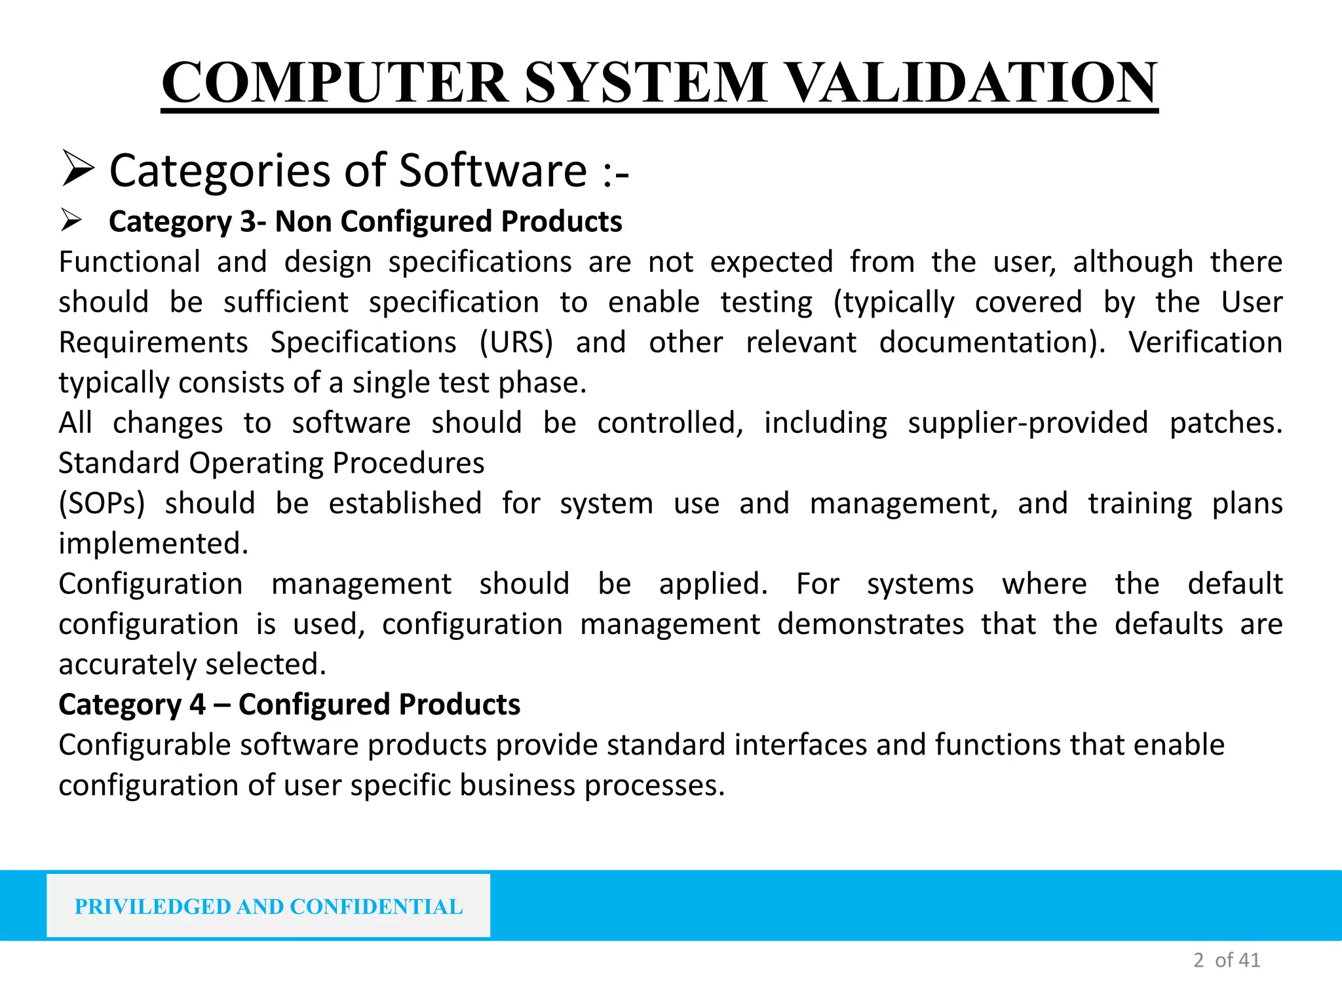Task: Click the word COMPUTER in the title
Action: tap(335, 83)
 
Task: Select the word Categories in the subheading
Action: tap(220, 170)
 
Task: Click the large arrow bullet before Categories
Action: tap(77, 168)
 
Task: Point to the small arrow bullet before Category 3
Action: tap(71, 220)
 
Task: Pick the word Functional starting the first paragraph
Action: tap(130, 262)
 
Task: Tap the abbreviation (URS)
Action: tap(516, 343)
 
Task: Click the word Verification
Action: tap(1205, 343)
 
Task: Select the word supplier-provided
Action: tap(1027, 423)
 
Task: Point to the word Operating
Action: tap(256, 463)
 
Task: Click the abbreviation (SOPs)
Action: tap(102, 504)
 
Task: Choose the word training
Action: tap(1140, 504)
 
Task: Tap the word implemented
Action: tap(153, 544)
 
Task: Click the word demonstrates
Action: tap(870, 624)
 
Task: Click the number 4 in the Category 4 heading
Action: tap(198, 705)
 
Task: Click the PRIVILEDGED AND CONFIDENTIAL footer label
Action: tap(269, 906)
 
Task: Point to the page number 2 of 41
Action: tap(1227, 960)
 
